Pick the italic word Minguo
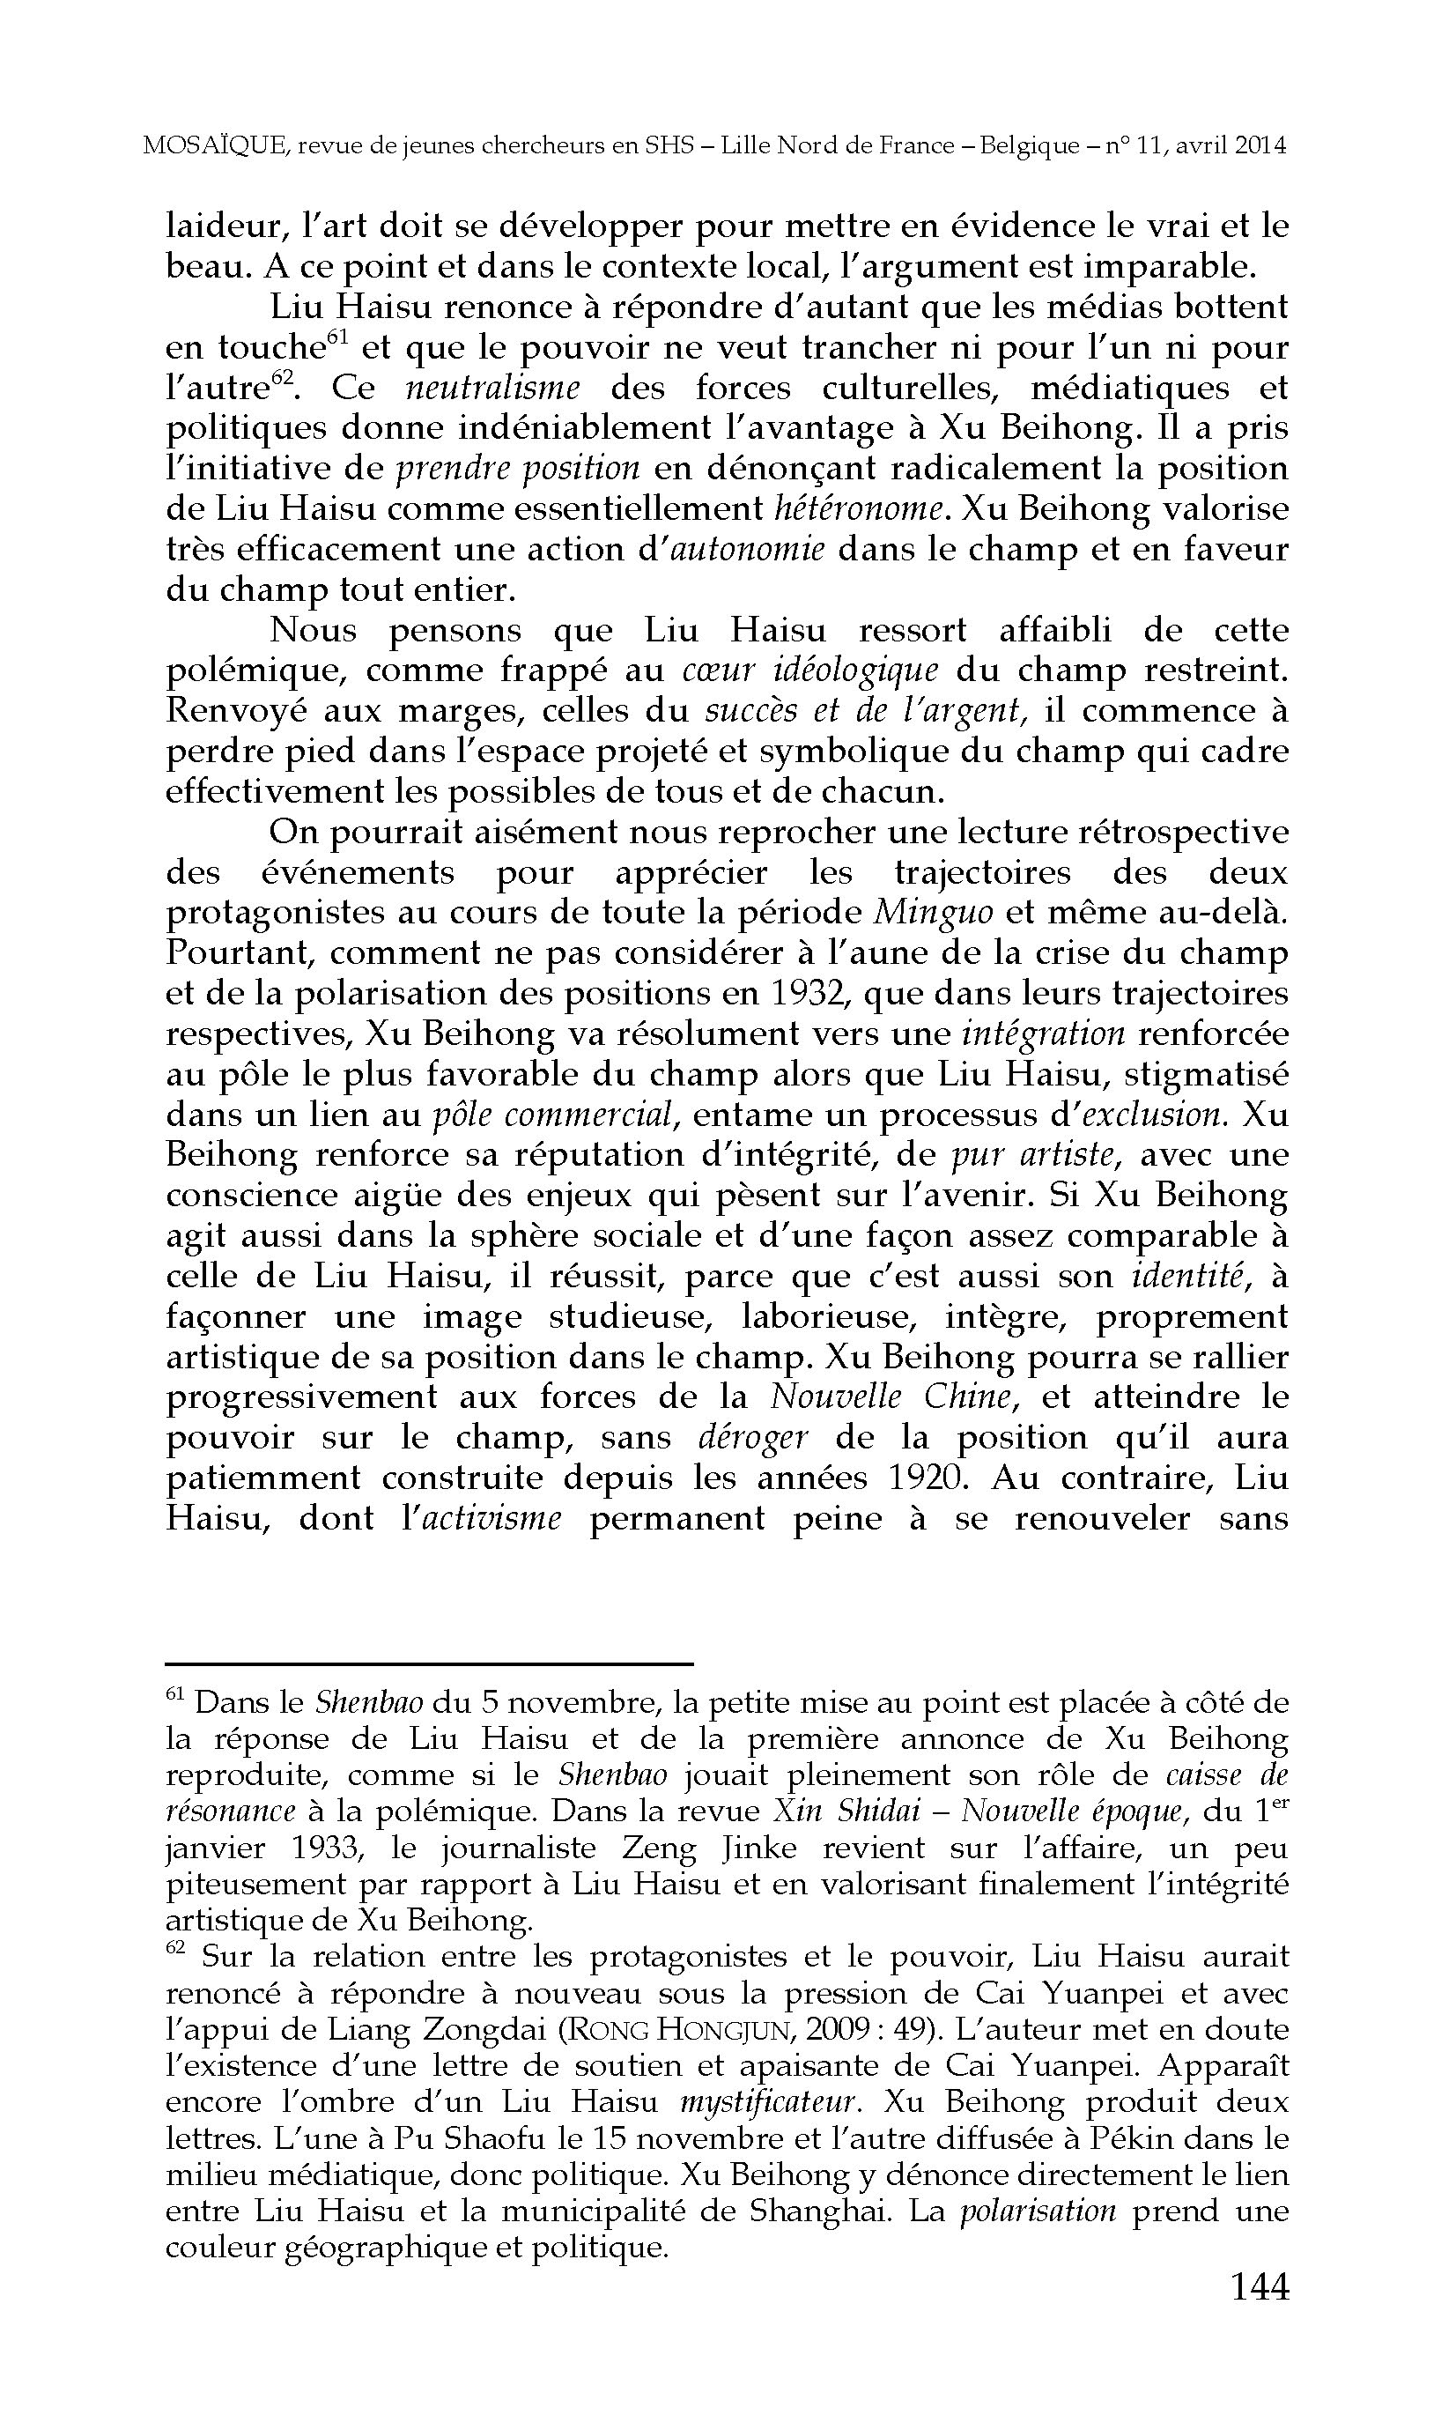pos(933,913)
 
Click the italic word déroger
pos(752,1438)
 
